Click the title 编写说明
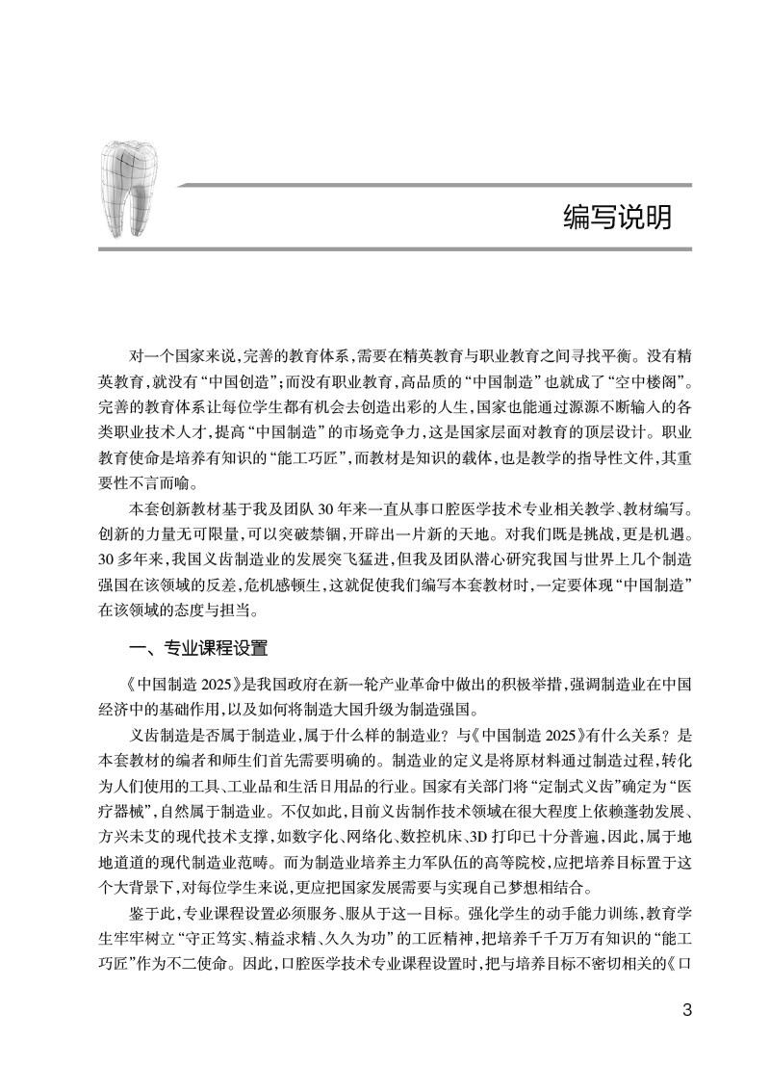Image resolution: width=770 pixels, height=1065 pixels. (x=617, y=218)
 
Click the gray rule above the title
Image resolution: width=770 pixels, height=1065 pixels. (x=434, y=183)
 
